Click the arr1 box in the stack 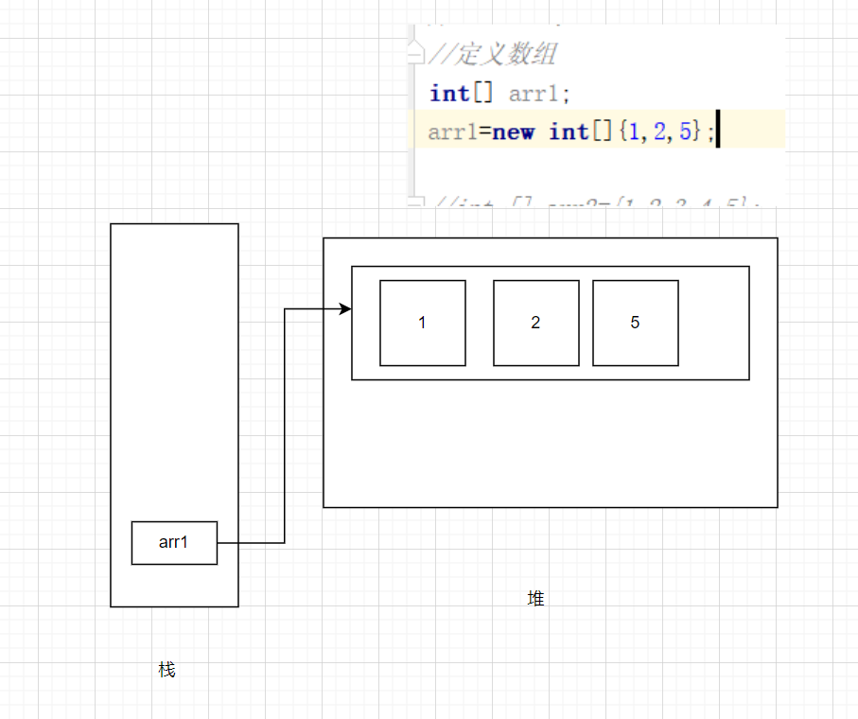click(x=174, y=543)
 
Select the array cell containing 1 click(x=423, y=323)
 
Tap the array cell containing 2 click(x=536, y=323)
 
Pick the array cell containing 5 click(x=636, y=323)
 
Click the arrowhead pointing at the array click(x=346, y=309)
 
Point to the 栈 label click(x=166, y=670)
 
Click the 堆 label click(x=536, y=598)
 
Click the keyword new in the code click(x=514, y=132)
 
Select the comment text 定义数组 click(x=506, y=55)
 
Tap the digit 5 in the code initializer click(x=685, y=132)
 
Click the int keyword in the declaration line click(x=449, y=93)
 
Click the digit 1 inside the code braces click(x=634, y=132)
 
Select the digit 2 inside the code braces click(x=659, y=132)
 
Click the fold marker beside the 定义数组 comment click(x=415, y=56)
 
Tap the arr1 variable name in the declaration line click(x=535, y=94)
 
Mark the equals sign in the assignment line click(x=484, y=132)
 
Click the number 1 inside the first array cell click(x=422, y=323)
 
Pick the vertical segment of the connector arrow click(x=285, y=426)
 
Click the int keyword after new click(x=569, y=132)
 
